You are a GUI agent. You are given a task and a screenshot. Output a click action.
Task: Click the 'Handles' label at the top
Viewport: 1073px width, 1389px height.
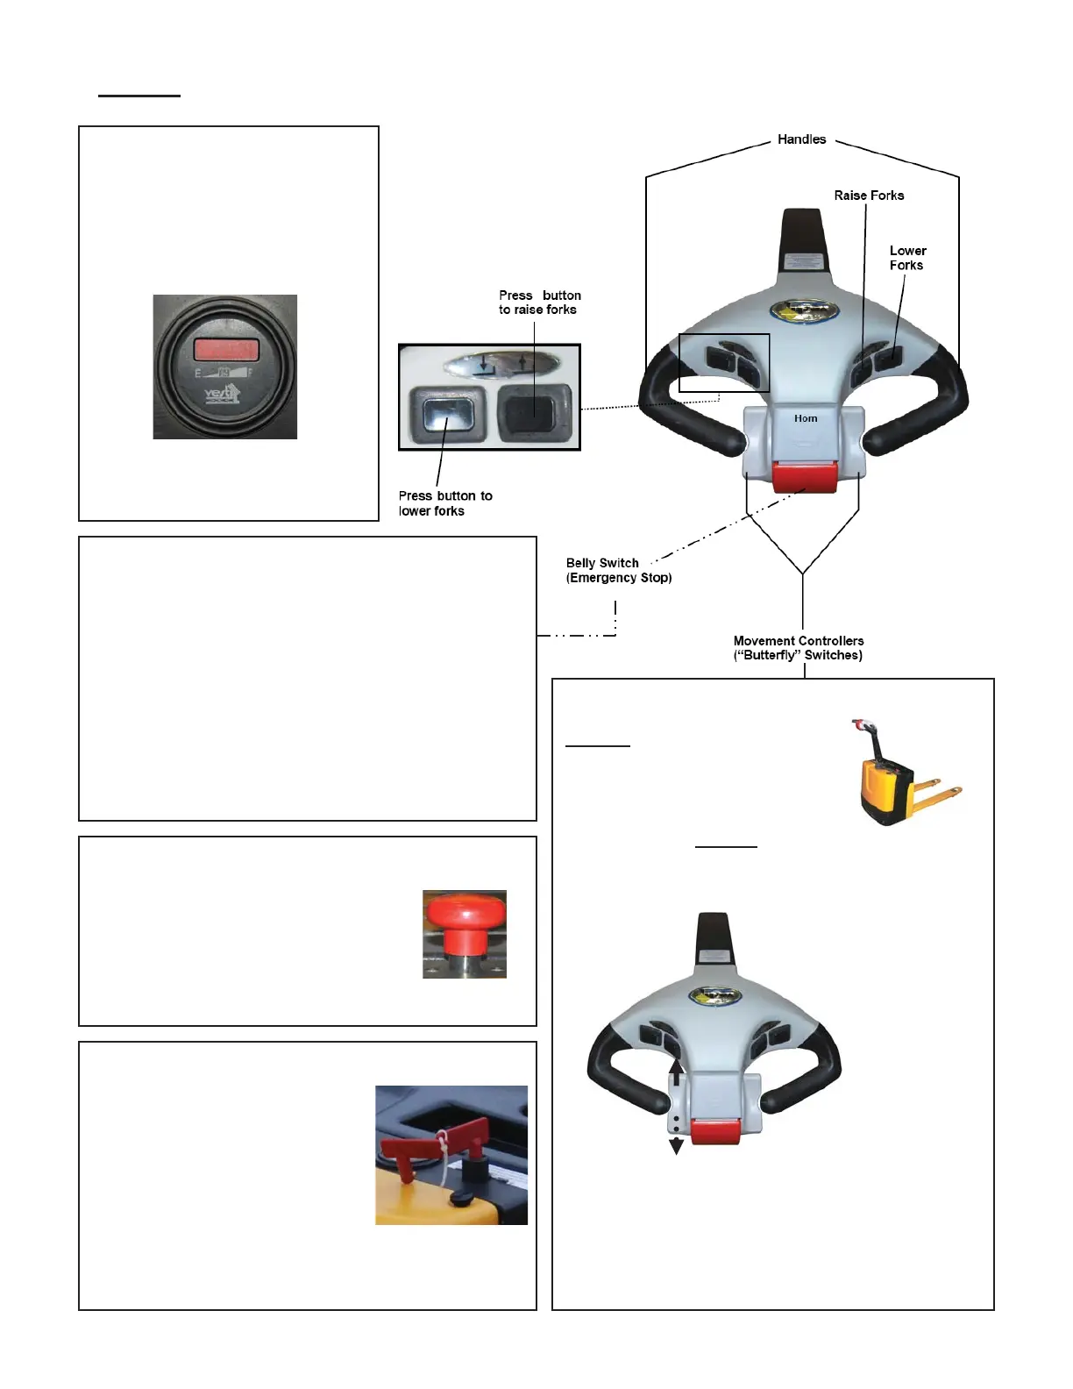pyautogui.click(x=801, y=139)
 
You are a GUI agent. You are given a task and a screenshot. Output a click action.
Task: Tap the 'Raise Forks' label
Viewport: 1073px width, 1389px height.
pyautogui.click(x=869, y=196)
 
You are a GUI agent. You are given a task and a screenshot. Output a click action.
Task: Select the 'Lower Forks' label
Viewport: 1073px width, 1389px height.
pyautogui.click(x=907, y=258)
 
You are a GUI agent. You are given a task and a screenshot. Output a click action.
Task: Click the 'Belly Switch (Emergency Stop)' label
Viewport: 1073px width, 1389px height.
pyautogui.click(x=619, y=570)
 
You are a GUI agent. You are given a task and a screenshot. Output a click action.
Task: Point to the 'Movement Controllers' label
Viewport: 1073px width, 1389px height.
pyautogui.click(x=798, y=648)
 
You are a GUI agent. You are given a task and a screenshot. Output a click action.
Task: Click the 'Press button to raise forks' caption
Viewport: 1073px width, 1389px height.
pyautogui.click(x=539, y=303)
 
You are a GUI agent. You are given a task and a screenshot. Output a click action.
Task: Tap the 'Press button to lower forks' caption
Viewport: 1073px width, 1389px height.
pyautogui.click(x=444, y=503)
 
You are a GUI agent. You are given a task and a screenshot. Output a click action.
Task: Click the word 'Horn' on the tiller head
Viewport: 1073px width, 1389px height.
pyautogui.click(x=806, y=419)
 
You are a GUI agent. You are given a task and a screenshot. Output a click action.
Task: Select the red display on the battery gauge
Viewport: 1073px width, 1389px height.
pyautogui.click(x=225, y=349)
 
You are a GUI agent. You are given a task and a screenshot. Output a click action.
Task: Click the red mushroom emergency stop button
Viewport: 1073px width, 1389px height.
pyautogui.click(x=465, y=915)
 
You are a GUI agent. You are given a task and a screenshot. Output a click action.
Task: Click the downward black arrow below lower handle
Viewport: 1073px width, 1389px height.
pyautogui.click(x=676, y=1145)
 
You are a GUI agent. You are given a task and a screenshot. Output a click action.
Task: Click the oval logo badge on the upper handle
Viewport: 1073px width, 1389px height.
pyautogui.click(x=802, y=310)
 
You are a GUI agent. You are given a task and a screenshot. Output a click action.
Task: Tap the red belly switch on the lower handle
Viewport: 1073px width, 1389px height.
pyautogui.click(x=715, y=1131)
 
